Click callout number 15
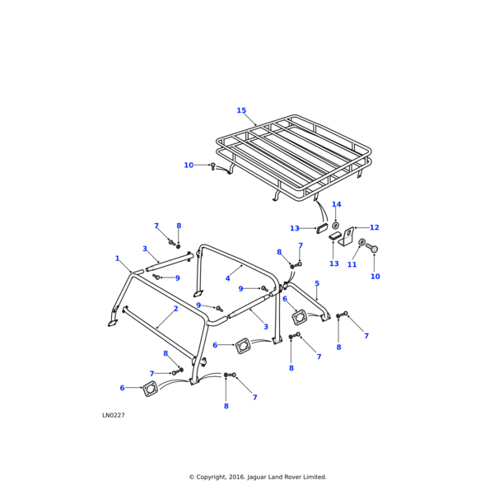pyautogui.click(x=241, y=110)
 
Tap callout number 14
pyautogui.click(x=336, y=205)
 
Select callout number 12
pyautogui.click(x=375, y=227)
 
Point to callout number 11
pyautogui.click(x=352, y=264)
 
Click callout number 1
pyautogui.click(x=117, y=259)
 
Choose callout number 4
pyautogui.click(x=228, y=278)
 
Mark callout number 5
pyautogui.click(x=317, y=284)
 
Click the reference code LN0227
pyautogui.click(x=114, y=415)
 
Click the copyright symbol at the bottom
pyautogui.click(x=191, y=477)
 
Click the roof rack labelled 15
pyautogui.click(x=296, y=156)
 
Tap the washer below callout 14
pyautogui.click(x=336, y=225)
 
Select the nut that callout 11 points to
pyautogui.click(x=361, y=242)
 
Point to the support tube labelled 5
pyautogui.click(x=309, y=301)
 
